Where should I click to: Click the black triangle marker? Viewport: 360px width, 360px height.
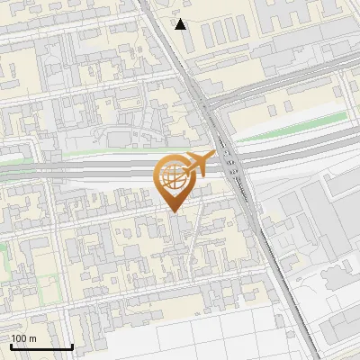tap(181, 24)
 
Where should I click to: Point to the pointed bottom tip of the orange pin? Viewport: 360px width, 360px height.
tap(172, 212)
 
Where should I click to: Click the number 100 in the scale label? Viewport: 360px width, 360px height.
tap(19, 338)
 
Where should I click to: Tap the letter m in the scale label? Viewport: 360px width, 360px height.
tap(32, 338)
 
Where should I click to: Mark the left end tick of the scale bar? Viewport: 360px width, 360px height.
tap(12, 346)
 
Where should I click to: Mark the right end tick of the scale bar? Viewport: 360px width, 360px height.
tap(72, 346)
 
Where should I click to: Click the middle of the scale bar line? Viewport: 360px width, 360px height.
tap(41, 347)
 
